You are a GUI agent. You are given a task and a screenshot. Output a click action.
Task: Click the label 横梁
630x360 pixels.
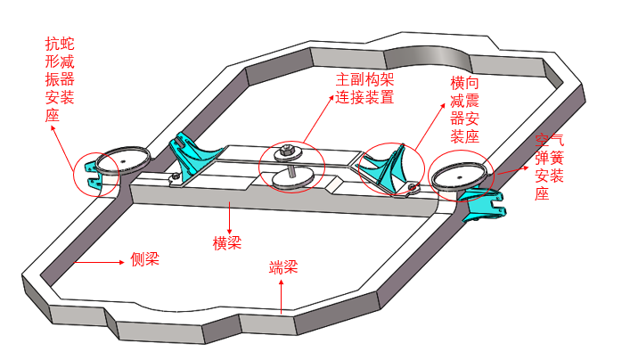click(227, 243)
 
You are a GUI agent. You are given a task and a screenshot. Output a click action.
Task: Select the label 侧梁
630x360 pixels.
click(144, 259)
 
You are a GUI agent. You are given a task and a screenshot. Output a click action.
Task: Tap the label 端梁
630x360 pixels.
click(283, 267)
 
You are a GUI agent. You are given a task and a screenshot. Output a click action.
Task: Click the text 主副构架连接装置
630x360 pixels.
click(364, 88)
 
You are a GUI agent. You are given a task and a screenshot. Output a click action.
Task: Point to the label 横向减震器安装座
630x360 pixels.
click(464, 110)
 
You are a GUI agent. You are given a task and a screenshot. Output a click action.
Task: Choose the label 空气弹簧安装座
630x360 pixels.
click(549, 168)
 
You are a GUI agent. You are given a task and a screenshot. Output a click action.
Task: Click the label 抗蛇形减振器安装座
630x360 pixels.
click(60, 79)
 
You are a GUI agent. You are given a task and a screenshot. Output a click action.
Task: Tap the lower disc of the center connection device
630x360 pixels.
click(293, 178)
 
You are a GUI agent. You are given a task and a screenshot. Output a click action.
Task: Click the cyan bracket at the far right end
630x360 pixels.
click(483, 203)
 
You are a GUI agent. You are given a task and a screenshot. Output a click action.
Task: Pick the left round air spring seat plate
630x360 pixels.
click(123, 160)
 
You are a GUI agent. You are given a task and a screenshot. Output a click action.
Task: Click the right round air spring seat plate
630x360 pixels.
click(458, 176)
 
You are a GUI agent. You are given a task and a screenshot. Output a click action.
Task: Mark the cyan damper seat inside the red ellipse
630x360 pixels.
click(385, 168)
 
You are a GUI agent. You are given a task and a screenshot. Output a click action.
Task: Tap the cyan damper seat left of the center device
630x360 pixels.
click(192, 155)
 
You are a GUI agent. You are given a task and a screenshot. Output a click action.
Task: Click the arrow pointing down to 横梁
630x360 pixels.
click(229, 217)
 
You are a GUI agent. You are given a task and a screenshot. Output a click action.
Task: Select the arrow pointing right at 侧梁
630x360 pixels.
click(99, 262)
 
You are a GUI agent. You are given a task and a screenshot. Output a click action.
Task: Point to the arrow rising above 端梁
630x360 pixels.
click(282, 296)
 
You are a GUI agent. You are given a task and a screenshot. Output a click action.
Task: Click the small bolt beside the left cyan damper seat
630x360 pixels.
click(176, 176)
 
